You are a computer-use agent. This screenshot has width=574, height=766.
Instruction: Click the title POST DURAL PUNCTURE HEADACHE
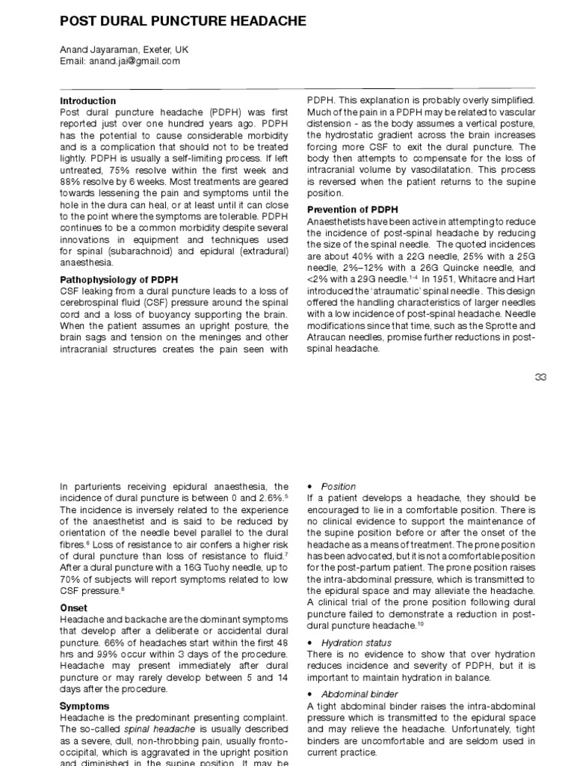click(182, 22)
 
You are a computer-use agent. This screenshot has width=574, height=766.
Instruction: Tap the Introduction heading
click(87, 100)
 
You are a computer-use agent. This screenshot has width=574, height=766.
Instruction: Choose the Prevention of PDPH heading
click(352, 209)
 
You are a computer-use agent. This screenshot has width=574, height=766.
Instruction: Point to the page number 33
click(540, 378)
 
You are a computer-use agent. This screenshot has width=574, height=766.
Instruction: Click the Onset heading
click(73, 608)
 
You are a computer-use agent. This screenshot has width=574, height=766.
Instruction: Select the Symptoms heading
click(84, 705)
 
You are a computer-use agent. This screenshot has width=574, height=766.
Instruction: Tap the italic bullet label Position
click(339, 487)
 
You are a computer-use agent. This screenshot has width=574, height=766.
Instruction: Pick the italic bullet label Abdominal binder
click(357, 693)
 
